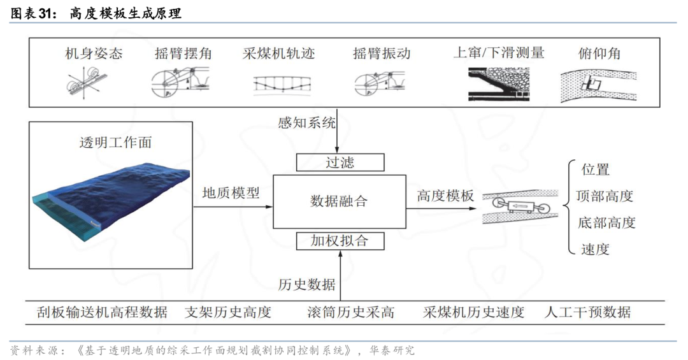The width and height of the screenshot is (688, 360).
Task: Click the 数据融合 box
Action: [x=339, y=201]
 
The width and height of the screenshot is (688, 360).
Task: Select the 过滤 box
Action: [x=340, y=162]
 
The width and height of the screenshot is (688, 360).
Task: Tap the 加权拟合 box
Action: [x=340, y=241]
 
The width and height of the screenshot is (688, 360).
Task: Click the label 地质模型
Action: [x=231, y=192]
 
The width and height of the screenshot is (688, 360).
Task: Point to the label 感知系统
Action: [x=306, y=122]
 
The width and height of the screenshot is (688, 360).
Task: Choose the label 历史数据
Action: [x=306, y=284]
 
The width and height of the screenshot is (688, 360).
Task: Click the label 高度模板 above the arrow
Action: [x=445, y=196]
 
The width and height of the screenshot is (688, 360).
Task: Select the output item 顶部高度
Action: [x=605, y=196]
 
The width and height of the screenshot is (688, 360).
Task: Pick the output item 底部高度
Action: [x=606, y=222]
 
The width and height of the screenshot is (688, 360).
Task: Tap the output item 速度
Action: [x=595, y=249]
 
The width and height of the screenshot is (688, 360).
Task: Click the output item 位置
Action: [x=596, y=169]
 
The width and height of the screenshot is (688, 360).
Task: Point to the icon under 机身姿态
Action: [x=87, y=83]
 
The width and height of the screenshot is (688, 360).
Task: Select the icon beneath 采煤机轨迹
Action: [x=282, y=84]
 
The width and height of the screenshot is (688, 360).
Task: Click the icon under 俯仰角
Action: [x=598, y=86]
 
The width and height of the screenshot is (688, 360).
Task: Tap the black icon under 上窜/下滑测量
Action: [x=498, y=84]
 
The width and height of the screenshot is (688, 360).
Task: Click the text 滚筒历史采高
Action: [x=350, y=312]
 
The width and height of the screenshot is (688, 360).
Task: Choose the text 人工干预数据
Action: [x=587, y=312]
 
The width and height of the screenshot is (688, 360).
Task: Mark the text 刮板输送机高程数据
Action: [x=102, y=312]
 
